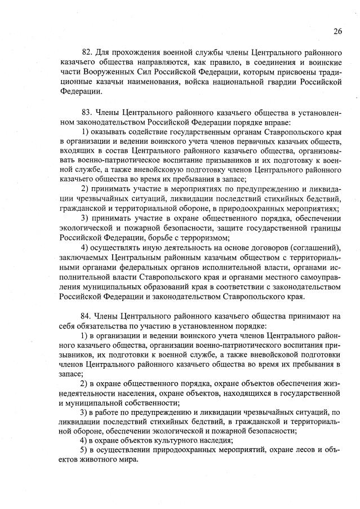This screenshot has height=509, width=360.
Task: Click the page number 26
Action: (x=337, y=31)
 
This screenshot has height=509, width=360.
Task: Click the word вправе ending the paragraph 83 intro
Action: (x=275, y=122)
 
